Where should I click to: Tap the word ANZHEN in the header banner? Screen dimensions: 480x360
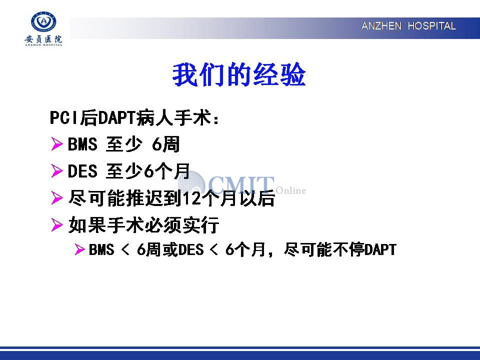(381, 26)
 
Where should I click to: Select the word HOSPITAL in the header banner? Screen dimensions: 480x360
(431, 26)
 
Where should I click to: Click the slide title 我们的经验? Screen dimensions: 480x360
(239, 74)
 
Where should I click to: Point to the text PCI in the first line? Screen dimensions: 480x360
(63, 117)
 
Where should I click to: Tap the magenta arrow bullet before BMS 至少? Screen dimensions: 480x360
(57, 144)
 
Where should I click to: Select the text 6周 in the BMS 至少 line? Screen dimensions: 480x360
(165, 144)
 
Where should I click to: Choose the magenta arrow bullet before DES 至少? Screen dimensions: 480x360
(57, 171)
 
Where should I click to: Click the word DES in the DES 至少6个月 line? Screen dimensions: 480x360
(82, 171)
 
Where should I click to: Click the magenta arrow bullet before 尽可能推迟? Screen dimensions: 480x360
(57, 198)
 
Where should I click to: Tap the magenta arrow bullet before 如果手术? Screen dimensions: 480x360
(57, 224)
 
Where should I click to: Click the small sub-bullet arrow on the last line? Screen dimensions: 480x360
(79, 249)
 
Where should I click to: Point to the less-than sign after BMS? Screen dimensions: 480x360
(125, 250)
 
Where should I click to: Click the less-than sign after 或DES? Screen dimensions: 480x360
(214, 250)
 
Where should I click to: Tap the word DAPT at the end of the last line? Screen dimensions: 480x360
(380, 249)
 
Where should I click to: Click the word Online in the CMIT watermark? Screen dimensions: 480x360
(291, 190)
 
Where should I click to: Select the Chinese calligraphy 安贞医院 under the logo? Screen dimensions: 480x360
(43, 39)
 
